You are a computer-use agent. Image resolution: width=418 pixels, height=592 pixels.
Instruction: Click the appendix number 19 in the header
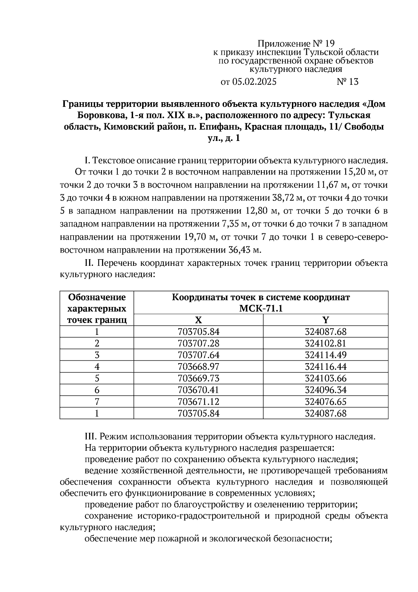329,44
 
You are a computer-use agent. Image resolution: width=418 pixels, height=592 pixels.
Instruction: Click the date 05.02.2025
254,82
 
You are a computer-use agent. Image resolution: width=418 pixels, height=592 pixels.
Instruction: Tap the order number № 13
347,82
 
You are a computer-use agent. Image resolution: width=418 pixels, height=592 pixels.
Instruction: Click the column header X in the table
198,320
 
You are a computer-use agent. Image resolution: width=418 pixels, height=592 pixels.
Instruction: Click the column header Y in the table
325,320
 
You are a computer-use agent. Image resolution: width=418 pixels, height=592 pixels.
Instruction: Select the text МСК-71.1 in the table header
261,309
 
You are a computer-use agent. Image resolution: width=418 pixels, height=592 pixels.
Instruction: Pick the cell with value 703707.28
199,343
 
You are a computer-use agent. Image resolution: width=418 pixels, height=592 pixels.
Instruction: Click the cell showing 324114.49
326,355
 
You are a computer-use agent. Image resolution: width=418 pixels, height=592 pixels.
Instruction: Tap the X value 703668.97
199,367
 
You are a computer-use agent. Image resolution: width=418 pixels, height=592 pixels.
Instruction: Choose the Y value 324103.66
326,379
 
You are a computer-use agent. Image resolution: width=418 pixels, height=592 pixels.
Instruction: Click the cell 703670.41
199,390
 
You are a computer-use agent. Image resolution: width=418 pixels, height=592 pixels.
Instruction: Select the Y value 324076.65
326,402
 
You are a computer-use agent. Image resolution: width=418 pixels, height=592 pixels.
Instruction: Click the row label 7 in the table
97,402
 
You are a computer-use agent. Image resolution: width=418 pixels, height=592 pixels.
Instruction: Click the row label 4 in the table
97,367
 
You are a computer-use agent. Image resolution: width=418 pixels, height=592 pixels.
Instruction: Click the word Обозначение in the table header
97,297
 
